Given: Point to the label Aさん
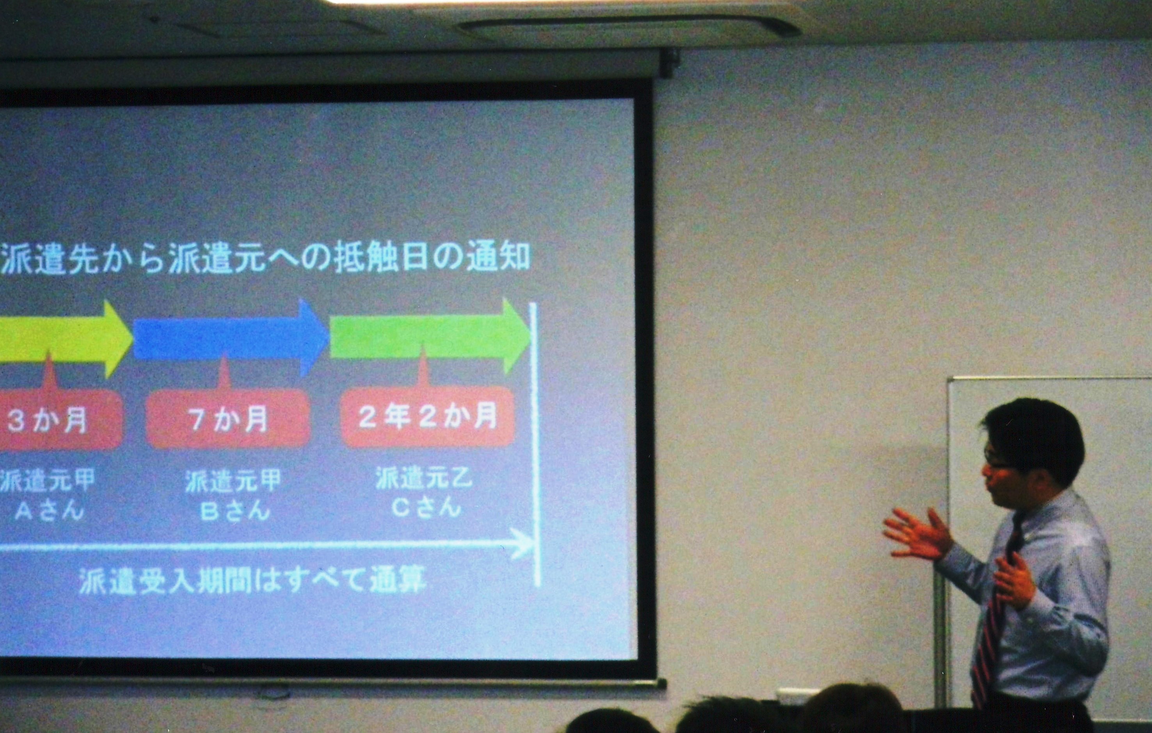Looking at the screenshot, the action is [49, 511].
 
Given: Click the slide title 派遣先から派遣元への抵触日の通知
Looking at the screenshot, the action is [266, 258].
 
